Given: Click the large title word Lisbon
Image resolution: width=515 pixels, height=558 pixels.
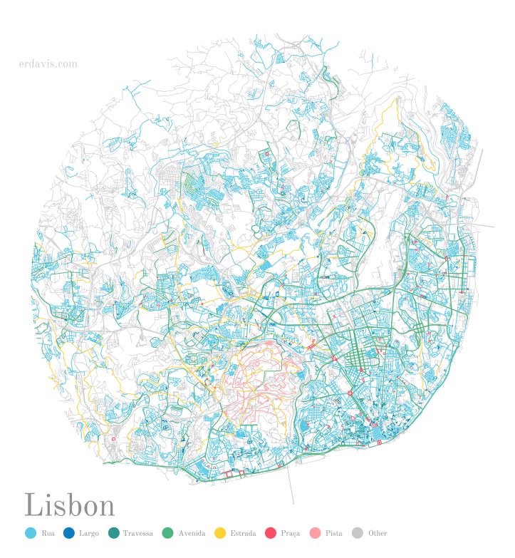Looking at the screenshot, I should [x=70, y=505].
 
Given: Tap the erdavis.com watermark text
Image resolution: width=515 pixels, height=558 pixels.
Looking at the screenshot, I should [x=48, y=64].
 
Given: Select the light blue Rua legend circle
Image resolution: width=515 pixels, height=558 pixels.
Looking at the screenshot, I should [x=30, y=533].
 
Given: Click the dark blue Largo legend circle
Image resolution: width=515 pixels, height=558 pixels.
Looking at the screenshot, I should [x=69, y=533].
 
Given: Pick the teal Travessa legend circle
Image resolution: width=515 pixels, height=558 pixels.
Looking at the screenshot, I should [x=113, y=533].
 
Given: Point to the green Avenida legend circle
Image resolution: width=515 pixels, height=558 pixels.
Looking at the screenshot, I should [x=168, y=533].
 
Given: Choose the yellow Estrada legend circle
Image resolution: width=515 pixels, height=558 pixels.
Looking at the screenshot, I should [x=221, y=533].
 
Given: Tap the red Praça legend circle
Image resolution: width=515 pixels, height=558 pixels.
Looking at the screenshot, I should [x=271, y=533].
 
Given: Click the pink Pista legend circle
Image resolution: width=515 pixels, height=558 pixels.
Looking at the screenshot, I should [x=315, y=533].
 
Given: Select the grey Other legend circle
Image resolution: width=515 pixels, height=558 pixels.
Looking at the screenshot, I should [x=358, y=533].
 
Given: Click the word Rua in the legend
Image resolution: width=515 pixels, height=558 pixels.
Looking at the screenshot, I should [x=48, y=533].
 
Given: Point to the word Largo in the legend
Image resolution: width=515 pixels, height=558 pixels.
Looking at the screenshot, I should [x=89, y=533].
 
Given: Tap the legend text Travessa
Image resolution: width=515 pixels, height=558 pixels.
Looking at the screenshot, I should [x=137, y=533].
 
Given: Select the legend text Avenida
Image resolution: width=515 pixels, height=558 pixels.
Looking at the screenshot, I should [x=192, y=533].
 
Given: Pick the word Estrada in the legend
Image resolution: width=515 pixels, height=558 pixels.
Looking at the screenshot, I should [x=244, y=533].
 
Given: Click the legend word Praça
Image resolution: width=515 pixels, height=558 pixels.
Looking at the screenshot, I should [x=291, y=533].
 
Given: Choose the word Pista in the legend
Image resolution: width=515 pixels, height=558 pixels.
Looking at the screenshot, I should [x=333, y=533].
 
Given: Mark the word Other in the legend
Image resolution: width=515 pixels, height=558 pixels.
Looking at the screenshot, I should [x=378, y=533].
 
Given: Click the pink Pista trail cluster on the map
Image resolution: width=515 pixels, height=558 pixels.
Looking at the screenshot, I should [x=256, y=378].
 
